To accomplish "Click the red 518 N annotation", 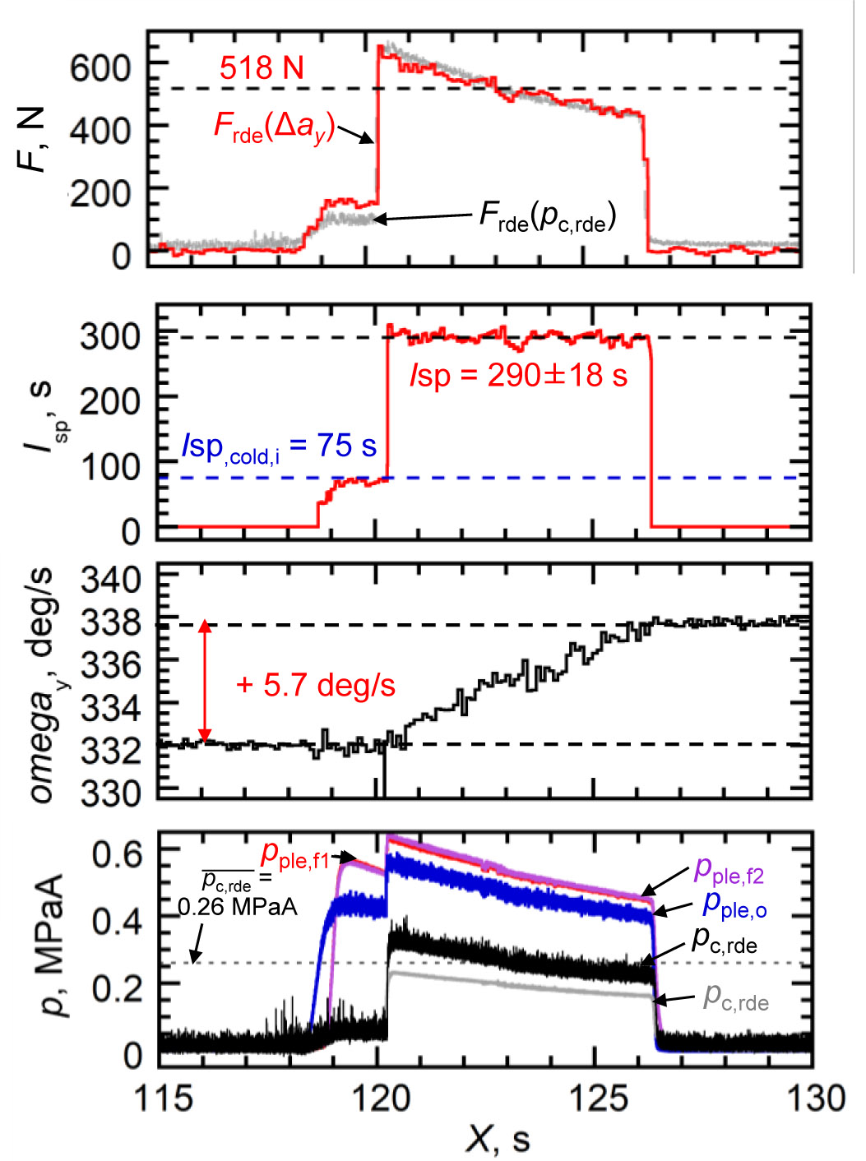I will pyautogui.click(x=262, y=67).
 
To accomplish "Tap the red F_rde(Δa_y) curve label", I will pyautogui.click(x=274, y=127).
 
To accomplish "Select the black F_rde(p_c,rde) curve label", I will pyautogui.click(x=547, y=216).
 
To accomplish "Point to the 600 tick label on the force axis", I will pyautogui.click(x=100, y=67).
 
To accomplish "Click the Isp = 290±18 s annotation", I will pyautogui.click(x=518, y=375).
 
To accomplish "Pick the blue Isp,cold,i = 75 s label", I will pyautogui.click(x=279, y=446).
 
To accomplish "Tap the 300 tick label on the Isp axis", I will pyautogui.click(x=110, y=335).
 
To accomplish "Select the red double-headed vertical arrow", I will pyautogui.click(x=205, y=682).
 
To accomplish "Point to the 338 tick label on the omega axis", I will pyautogui.click(x=110, y=623).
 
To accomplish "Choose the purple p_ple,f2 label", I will pyautogui.click(x=729, y=869).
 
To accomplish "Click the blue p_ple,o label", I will pyautogui.click(x=734, y=904).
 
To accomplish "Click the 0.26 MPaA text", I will pyautogui.click(x=238, y=907).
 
